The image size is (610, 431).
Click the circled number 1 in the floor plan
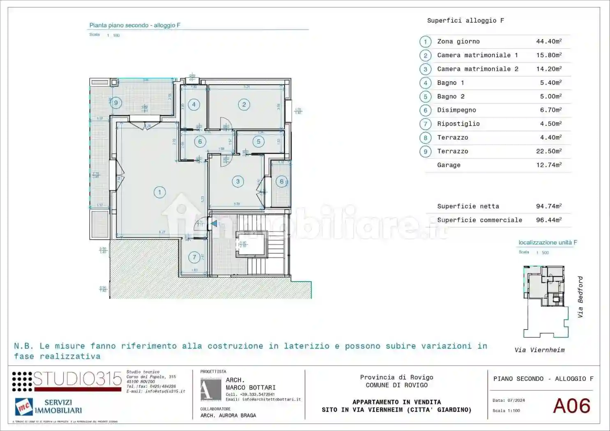click(x=159, y=192)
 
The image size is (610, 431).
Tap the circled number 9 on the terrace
click(x=116, y=103)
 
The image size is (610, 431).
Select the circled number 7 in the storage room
click(x=194, y=257)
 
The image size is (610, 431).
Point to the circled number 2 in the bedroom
click(x=244, y=105)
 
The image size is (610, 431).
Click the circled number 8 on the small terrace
click(x=281, y=181)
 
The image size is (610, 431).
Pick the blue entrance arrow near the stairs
click(x=214, y=224)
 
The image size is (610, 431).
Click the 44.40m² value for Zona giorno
click(x=548, y=41)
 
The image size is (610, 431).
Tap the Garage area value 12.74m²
click(x=548, y=165)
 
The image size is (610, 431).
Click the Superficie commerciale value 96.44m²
click(x=548, y=220)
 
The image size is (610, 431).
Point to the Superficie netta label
click(x=468, y=206)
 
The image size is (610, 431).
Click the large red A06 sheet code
click(x=571, y=406)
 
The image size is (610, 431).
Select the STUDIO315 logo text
click(x=77, y=379)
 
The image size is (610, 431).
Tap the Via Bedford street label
click(x=580, y=297)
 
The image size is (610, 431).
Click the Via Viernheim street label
click(x=539, y=350)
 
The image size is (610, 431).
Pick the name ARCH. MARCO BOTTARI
click(x=250, y=384)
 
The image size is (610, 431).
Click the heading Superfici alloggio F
click(x=465, y=21)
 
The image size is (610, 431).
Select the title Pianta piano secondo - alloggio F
click(x=135, y=25)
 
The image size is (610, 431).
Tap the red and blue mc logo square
click(x=24, y=407)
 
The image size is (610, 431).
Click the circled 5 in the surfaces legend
click(x=426, y=96)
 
